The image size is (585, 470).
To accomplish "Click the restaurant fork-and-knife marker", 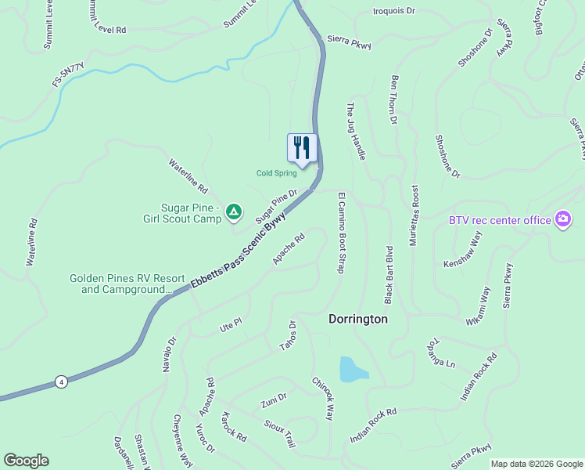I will (x=301, y=147).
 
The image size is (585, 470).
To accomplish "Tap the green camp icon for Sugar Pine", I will (x=233, y=211).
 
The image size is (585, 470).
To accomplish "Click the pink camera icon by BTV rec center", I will (x=562, y=219).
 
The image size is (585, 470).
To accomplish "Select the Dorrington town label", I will (x=357, y=320).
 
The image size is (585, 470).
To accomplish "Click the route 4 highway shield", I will (x=61, y=381).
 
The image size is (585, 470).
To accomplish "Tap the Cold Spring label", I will (x=277, y=173).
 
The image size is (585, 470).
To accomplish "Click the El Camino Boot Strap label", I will (x=341, y=232).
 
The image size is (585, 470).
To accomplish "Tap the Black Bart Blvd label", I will (x=389, y=274).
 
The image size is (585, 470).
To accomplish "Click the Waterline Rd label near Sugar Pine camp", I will (x=188, y=176).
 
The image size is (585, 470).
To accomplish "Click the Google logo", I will (x=26, y=461).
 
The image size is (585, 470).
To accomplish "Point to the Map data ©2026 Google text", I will (x=536, y=464).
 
